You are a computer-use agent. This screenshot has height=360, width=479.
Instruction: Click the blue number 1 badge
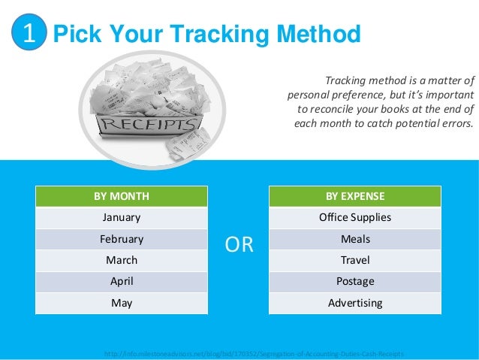[x=29, y=34]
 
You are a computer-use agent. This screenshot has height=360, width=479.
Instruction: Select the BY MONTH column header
[x=121, y=196]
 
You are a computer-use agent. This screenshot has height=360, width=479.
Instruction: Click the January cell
[x=121, y=218]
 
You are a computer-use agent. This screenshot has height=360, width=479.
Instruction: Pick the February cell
[x=121, y=239]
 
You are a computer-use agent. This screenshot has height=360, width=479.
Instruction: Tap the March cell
[x=121, y=260]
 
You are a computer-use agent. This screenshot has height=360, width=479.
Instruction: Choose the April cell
[x=121, y=282]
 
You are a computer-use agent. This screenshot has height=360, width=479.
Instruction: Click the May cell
[x=121, y=303]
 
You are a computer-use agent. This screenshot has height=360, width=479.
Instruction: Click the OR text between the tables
[x=239, y=245]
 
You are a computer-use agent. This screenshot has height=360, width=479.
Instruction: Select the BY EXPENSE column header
[x=354, y=196]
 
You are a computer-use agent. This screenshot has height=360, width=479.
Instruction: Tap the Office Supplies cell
[x=354, y=218]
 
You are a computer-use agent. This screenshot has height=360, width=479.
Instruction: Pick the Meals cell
[x=354, y=239]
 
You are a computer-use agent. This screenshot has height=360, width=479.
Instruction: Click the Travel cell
[x=354, y=260]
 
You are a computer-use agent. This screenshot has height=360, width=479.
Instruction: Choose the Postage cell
[x=354, y=282]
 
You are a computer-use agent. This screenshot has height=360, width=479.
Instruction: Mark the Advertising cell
[x=354, y=303]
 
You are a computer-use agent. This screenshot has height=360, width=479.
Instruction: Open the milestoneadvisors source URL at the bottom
[x=255, y=352]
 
